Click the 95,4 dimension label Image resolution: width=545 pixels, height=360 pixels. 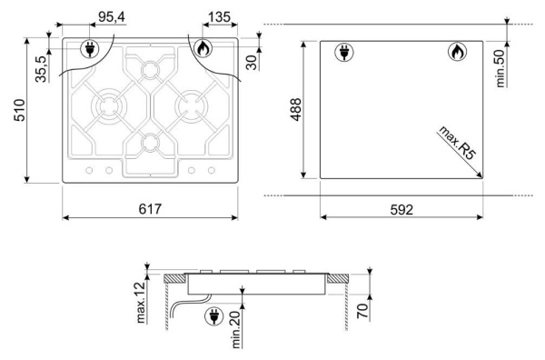tap(112, 16)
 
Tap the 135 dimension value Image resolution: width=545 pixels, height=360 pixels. tap(219, 16)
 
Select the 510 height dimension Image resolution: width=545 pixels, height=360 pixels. tap(19, 110)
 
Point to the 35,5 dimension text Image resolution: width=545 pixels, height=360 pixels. tap(41, 69)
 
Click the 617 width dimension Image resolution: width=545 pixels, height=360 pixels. tap(150, 209)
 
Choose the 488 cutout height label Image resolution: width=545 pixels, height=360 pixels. tap(296, 110)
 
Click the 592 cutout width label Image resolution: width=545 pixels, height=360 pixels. tap(401, 210)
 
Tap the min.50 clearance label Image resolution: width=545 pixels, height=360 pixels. tap(500, 68)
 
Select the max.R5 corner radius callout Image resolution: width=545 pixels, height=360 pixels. tap(456, 143)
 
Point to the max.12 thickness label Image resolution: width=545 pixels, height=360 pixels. tap(140, 303)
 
